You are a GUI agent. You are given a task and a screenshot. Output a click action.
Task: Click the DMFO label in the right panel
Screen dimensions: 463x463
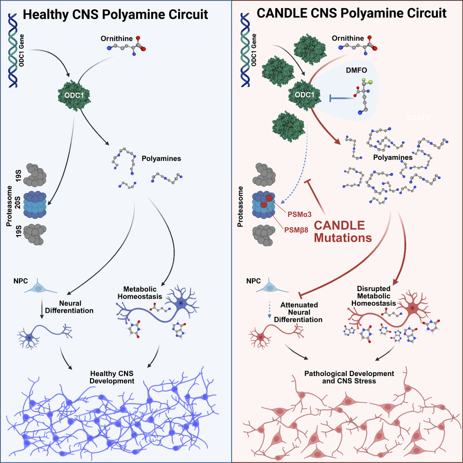click(x=357, y=70)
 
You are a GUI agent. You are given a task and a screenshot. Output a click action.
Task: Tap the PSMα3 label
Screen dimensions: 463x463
click(x=299, y=215)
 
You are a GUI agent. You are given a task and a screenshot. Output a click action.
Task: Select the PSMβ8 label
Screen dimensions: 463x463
click(x=296, y=230)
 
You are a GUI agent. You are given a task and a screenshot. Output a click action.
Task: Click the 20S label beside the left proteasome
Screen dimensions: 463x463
click(x=18, y=202)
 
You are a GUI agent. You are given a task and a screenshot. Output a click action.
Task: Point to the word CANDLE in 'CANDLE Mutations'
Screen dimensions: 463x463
click(x=340, y=225)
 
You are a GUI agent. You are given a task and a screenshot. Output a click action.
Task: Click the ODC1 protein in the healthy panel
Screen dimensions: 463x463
click(x=74, y=95)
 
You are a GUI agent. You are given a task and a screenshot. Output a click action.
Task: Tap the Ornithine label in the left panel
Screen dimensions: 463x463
click(x=117, y=39)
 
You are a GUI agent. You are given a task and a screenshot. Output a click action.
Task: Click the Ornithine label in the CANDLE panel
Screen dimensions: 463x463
click(x=348, y=39)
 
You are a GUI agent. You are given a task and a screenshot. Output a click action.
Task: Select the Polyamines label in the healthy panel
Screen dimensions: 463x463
click(x=161, y=158)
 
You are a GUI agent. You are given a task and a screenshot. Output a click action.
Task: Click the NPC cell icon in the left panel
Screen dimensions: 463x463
click(x=40, y=287)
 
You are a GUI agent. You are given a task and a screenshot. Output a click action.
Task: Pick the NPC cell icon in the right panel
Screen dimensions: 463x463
click(x=272, y=286)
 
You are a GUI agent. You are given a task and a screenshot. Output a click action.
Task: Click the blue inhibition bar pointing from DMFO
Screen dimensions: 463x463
click(x=342, y=98)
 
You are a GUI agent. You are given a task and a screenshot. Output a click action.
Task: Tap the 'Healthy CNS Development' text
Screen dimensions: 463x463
click(x=112, y=378)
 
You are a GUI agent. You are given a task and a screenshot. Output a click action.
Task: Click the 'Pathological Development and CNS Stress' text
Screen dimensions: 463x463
click(x=349, y=378)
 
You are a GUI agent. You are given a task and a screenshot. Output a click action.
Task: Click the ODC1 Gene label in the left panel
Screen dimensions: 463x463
click(x=21, y=50)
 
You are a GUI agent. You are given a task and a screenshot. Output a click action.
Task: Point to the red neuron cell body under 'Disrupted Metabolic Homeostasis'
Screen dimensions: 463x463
click(x=413, y=308)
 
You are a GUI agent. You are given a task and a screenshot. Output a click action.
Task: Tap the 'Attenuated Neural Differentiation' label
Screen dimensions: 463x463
click(x=298, y=312)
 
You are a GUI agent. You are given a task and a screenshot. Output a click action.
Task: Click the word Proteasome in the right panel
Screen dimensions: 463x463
click(x=240, y=207)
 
